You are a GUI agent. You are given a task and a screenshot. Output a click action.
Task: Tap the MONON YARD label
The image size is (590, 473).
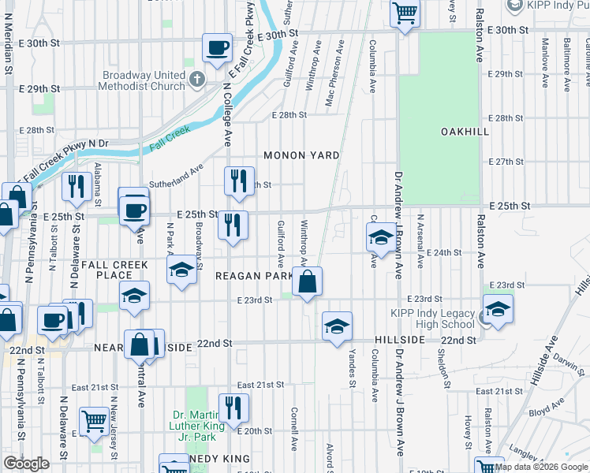301,155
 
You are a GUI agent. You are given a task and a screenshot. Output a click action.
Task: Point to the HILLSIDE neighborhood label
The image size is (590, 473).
400,339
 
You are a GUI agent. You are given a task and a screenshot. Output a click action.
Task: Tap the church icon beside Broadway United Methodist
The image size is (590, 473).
197,80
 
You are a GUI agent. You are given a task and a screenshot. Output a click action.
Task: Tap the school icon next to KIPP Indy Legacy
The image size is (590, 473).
498,310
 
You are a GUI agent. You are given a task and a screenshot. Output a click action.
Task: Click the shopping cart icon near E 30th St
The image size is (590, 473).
405,12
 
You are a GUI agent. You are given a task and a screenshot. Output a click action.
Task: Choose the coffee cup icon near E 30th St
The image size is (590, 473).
217,47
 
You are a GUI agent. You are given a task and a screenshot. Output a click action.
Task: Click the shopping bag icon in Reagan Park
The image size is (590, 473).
307,281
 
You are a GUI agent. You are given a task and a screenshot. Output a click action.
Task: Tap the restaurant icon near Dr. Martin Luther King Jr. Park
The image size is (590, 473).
233,408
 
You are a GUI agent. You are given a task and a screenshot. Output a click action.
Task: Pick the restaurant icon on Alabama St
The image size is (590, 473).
77,187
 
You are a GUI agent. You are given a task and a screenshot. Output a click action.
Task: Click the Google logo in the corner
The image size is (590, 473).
27,464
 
